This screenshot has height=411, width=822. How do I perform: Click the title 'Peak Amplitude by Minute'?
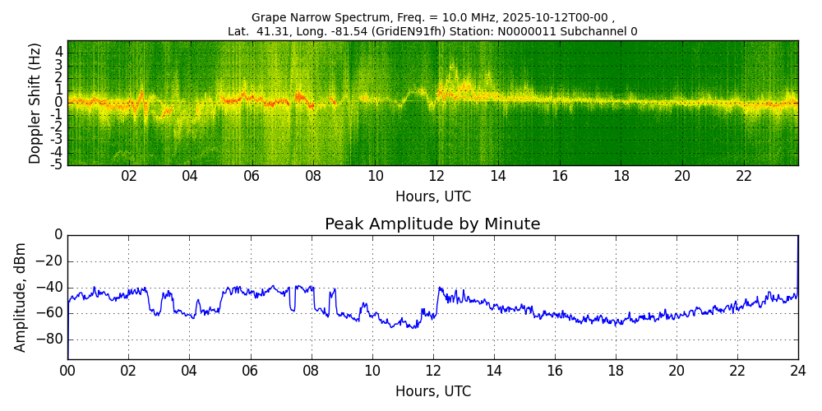pos(432,224)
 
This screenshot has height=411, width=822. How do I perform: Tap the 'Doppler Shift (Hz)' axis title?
pos(35,104)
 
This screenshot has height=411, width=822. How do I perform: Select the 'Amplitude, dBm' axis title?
pos(21,297)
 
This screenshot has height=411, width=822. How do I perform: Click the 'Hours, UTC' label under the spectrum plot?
pos(432,197)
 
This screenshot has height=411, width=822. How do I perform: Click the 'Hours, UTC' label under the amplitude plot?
pos(432,391)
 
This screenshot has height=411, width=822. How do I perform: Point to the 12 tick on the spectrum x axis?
pos(436,176)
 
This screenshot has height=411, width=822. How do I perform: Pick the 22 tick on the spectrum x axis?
pos(744,176)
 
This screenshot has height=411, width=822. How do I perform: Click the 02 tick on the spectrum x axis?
pos(129,176)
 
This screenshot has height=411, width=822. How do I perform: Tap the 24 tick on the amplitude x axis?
pos(798,371)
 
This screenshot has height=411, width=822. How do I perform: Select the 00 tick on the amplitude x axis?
pos(67,371)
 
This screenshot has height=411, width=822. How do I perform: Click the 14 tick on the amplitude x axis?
pos(494,371)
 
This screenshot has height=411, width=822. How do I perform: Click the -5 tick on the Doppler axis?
pos(58,164)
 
